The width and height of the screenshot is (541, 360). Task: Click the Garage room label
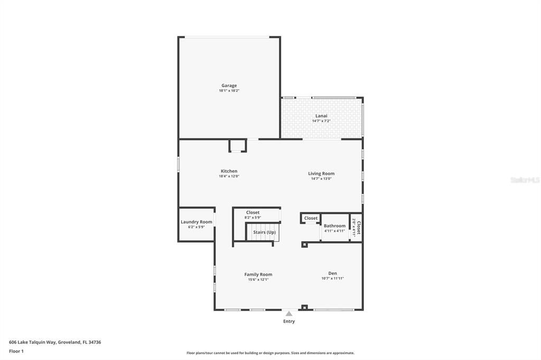click(229, 86)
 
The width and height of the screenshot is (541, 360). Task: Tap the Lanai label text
click(321, 116)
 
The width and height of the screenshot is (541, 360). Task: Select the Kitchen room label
click(229, 171)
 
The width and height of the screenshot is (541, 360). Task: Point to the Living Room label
click(321, 174)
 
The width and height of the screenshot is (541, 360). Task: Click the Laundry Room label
click(197, 222)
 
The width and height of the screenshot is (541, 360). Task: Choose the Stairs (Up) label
click(264, 232)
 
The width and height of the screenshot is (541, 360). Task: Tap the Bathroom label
click(334, 226)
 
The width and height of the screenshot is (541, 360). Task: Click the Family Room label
click(258, 274)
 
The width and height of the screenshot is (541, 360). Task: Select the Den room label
click(333, 273)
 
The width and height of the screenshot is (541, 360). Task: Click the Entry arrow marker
click(289, 314)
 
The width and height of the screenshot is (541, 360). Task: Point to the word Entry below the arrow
click(289, 321)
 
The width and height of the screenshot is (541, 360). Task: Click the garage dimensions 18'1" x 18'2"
click(229, 91)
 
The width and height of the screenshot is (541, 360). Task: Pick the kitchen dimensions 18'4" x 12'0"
click(229, 176)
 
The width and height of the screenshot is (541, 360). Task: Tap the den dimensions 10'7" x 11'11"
click(333, 279)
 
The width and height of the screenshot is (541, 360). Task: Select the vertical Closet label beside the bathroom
click(358, 227)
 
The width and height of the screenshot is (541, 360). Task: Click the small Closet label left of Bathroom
click(311, 218)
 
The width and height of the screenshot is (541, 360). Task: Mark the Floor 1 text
click(17, 351)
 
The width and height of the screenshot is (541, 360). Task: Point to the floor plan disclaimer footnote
click(270, 353)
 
